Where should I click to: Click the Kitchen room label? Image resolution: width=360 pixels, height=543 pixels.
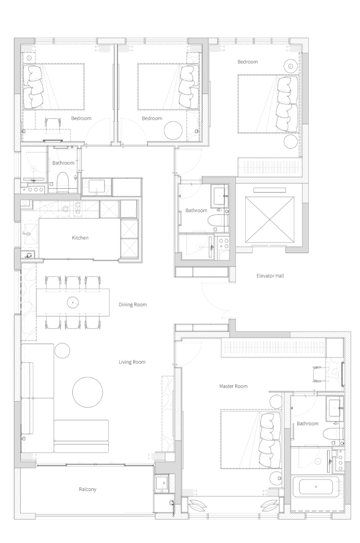tap(80, 238)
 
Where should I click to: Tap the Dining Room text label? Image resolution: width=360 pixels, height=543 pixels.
tap(133, 305)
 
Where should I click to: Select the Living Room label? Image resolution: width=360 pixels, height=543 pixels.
tap(132, 362)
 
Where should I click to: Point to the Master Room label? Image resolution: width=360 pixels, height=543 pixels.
tap(233, 386)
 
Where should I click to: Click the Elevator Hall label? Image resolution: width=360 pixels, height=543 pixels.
tap(270, 276)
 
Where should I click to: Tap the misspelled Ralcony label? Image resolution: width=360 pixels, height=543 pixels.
tap(88, 489)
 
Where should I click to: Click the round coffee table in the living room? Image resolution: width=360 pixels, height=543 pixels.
tap(87, 392)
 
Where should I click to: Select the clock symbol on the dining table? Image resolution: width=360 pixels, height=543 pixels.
tap(73, 303)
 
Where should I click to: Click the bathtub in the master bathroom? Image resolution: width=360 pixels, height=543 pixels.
tap(316, 486)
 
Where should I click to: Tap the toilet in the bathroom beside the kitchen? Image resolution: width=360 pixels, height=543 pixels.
tap(62, 181)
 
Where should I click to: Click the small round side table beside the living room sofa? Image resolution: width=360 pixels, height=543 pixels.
tap(62, 350)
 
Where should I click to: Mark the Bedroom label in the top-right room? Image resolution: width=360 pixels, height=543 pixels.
tap(248, 62)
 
